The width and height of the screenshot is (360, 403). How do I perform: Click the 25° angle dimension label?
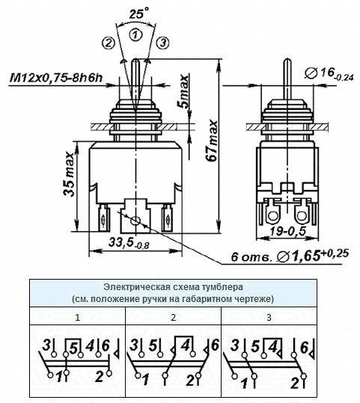coord(139,13)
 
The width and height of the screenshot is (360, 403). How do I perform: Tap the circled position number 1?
coord(135,34)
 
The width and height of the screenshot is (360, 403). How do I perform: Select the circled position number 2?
coord(109,43)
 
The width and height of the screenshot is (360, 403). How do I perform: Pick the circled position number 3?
coord(163,43)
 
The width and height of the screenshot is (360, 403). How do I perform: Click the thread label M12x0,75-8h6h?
coord(56,77)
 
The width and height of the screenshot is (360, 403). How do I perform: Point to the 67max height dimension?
coord(213,141)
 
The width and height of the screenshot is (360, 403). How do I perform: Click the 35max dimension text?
coord(69,174)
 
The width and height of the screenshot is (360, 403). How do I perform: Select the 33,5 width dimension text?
coord(129,243)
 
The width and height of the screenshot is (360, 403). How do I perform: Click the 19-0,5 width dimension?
coord(288,232)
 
